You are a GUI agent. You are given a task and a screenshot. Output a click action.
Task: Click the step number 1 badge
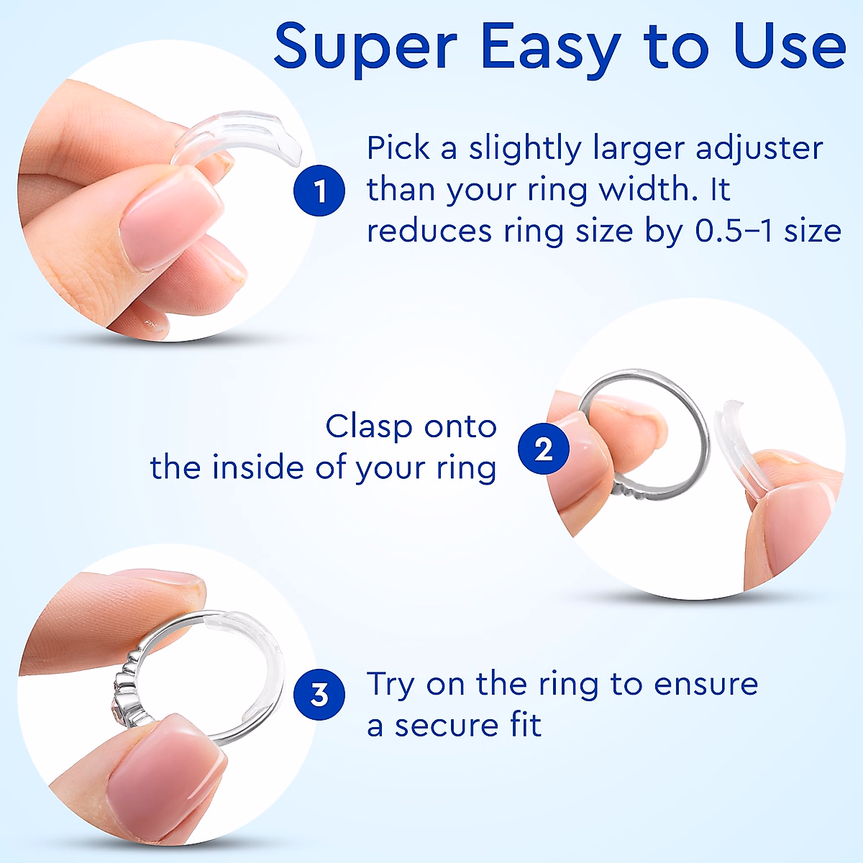pos(319,191)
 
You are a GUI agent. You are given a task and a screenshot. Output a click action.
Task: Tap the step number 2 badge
pos(544,449)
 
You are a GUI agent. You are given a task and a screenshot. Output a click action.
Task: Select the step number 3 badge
pos(319,695)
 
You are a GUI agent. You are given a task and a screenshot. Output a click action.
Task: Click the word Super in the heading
pos(365,47)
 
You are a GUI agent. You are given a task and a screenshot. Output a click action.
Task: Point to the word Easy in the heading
pos(550,47)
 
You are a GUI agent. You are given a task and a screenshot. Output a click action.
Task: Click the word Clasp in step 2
pos(369,426)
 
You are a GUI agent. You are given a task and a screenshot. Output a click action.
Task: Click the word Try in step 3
pos(391,685)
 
